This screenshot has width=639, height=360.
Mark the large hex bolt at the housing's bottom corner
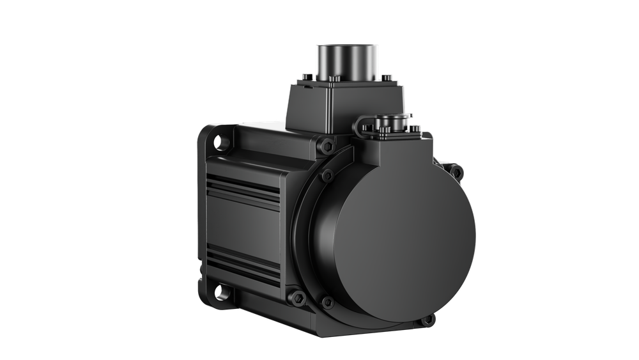click(x=298, y=297)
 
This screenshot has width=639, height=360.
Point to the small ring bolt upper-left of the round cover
click(x=327, y=175)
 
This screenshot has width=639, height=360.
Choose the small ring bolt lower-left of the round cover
click(x=328, y=301)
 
